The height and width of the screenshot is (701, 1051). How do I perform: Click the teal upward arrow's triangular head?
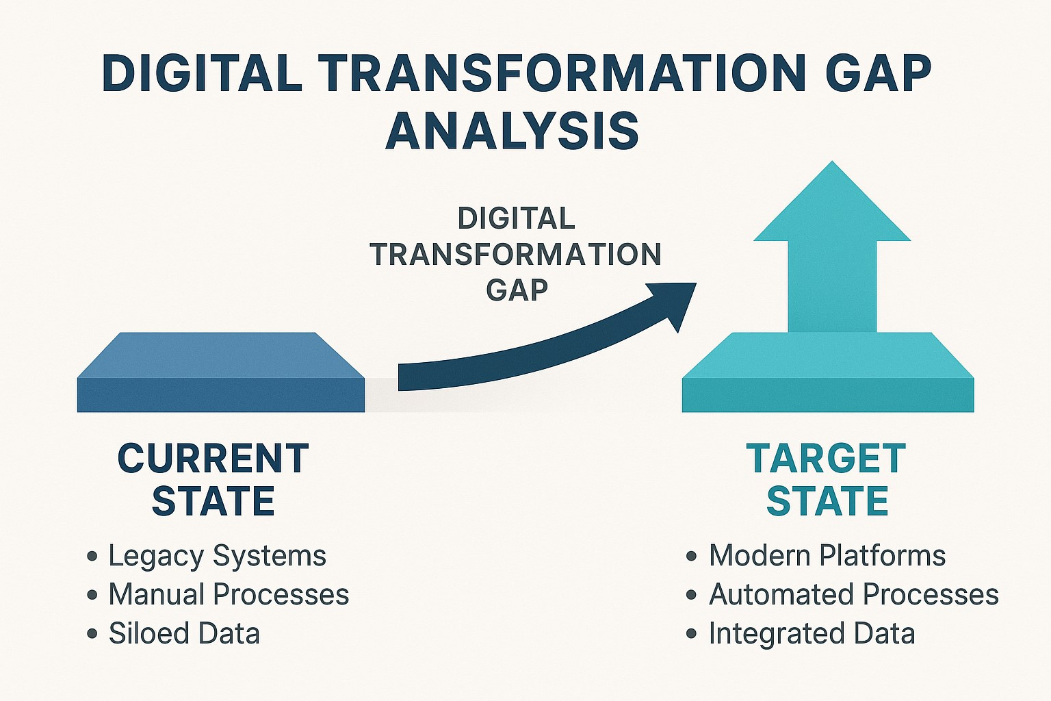point(832,205)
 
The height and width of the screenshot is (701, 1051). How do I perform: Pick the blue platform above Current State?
point(220,373)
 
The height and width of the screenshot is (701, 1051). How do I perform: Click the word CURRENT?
point(213,459)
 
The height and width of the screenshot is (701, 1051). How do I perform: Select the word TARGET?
point(827,459)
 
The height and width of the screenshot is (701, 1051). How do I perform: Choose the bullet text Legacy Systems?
point(217,556)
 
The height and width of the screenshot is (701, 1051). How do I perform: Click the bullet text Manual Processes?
point(229,594)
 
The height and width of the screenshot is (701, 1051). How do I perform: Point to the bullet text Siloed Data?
point(184,633)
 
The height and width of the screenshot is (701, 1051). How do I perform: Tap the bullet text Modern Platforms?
point(827,555)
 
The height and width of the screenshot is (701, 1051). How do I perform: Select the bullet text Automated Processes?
point(854,594)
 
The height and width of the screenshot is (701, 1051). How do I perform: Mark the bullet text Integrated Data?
point(812,633)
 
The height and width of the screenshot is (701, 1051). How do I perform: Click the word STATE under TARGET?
point(827,502)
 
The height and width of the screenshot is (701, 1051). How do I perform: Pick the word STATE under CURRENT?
point(213,502)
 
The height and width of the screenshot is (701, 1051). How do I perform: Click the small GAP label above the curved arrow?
point(517,290)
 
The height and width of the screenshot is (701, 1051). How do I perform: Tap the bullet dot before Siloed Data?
point(92,634)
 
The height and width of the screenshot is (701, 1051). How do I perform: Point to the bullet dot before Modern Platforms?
point(692,556)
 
